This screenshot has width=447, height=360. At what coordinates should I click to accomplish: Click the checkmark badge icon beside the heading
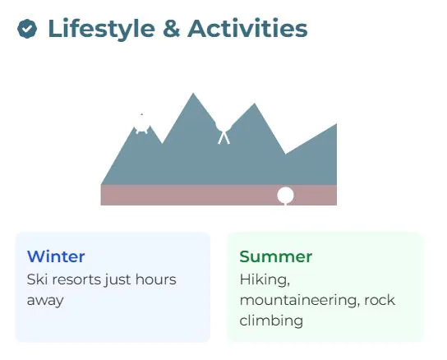[x=27, y=29]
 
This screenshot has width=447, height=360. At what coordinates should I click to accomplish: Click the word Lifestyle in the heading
[x=102, y=29]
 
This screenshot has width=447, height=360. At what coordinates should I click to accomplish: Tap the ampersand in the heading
[x=172, y=29]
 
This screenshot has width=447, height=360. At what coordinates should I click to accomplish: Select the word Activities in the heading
[x=247, y=28]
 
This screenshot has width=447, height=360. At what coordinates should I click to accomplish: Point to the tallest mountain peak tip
[x=193, y=93]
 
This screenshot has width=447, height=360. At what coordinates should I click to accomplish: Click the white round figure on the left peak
[x=141, y=123]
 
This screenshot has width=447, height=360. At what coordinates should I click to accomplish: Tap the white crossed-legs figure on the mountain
[x=223, y=132]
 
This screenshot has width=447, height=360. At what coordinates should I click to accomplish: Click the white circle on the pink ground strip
[x=285, y=195]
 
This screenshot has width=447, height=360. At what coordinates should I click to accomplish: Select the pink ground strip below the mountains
[x=219, y=195]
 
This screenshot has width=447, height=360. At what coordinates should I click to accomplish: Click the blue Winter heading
[x=56, y=256]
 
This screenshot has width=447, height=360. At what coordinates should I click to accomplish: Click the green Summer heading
[x=275, y=256]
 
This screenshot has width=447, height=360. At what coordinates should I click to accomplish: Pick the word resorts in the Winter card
[x=76, y=279]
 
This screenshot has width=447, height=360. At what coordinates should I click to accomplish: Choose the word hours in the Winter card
[x=155, y=279]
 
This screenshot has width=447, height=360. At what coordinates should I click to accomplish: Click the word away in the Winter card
[x=45, y=301]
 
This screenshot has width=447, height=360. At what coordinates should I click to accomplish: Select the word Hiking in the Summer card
[x=265, y=279]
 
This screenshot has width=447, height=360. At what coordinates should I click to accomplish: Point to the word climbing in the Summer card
[x=271, y=321]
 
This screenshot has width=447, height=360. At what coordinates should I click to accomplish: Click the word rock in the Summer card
[x=380, y=300]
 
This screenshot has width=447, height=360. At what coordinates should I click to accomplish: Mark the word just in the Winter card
[x=118, y=279]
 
